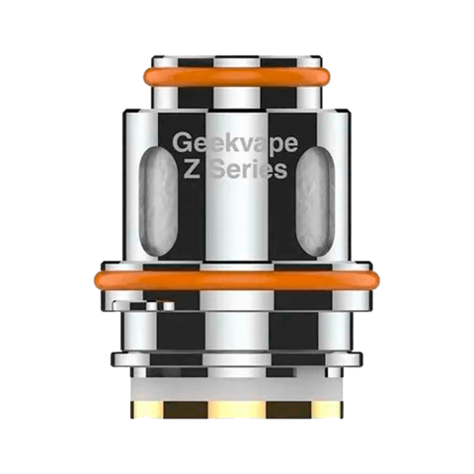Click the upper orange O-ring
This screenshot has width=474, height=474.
pos(236,77)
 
